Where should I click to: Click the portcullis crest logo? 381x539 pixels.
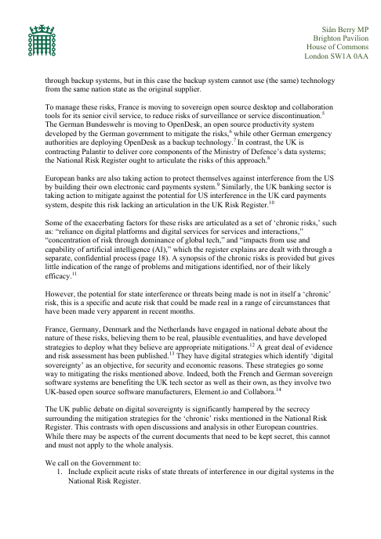(x=38, y=36)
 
